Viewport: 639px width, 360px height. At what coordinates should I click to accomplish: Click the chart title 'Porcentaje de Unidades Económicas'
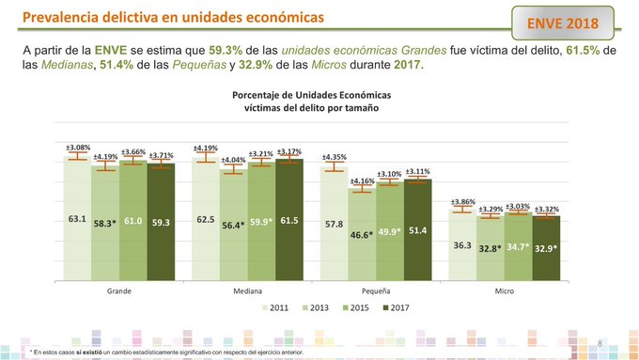(x=311, y=96)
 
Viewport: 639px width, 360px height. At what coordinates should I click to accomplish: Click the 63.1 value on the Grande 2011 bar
(x=77, y=219)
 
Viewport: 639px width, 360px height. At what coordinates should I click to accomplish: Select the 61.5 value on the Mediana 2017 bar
(x=289, y=220)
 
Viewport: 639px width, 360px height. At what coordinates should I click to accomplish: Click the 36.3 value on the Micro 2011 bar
(x=461, y=245)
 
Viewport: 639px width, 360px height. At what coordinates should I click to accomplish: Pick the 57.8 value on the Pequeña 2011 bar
(x=334, y=225)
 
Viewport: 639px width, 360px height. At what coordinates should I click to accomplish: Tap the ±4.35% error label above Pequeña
(x=334, y=157)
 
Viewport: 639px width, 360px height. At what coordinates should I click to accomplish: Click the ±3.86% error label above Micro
(x=461, y=201)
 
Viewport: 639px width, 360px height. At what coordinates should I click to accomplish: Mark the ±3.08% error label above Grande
(x=78, y=148)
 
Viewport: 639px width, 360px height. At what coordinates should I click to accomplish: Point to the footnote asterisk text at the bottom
(x=169, y=350)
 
